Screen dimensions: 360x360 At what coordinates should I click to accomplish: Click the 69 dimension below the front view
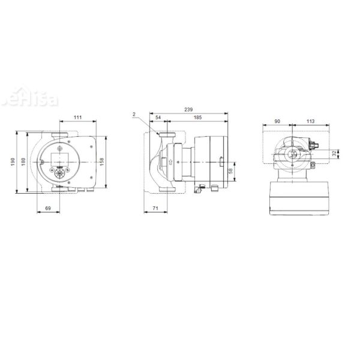pyautogui.click(x=49, y=207)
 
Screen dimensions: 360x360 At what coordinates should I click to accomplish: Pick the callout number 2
pyautogui.click(x=136, y=114)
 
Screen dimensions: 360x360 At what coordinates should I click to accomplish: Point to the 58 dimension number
pyautogui.click(x=232, y=172)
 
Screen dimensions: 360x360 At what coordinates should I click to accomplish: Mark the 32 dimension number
pyautogui.click(x=334, y=155)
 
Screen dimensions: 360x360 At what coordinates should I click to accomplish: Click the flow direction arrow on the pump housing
pyautogui.click(x=170, y=161)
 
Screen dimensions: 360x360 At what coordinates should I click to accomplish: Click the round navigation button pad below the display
pyautogui.click(x=59, y=173)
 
